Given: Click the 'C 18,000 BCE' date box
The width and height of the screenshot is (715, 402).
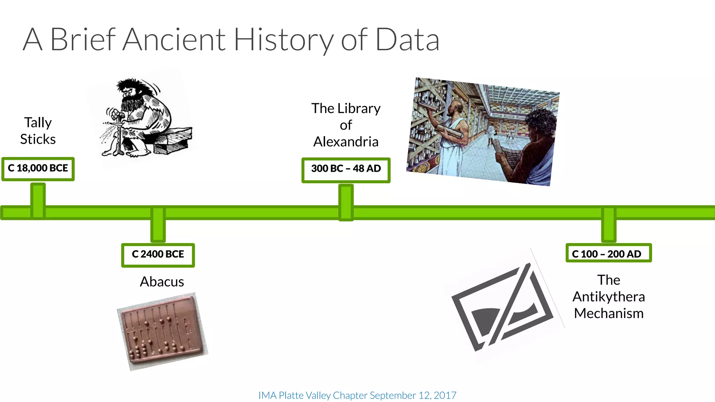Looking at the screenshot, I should coord(38,169).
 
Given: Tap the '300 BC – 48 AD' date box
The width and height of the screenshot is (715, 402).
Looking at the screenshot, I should coord(346,170).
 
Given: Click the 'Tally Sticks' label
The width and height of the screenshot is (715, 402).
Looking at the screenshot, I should coord(38,131).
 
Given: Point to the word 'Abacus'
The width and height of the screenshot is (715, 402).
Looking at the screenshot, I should coord(162,282).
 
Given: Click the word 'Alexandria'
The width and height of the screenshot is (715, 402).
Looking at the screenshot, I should coord(346,142).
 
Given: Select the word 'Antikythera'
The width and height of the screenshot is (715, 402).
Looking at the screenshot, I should coord(609,297).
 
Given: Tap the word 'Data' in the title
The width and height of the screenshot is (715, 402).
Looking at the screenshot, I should coord(407,40).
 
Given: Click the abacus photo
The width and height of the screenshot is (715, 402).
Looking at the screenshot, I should coord(162,332).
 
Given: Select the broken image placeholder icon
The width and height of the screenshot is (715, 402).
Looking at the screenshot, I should coord(503,307).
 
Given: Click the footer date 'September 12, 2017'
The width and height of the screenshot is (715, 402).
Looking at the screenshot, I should coord(413,395).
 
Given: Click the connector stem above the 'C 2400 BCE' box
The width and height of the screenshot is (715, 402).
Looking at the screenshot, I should coord(158,227).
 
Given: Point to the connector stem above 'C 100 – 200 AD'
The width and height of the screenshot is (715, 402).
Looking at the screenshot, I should coord(609,227).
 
